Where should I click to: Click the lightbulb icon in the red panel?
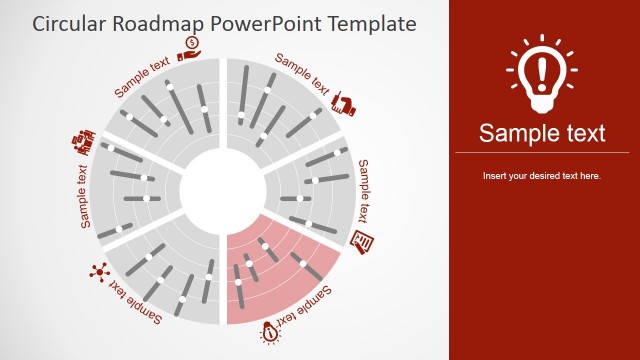[x=541, y=75]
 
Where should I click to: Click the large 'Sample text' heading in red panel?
[x=542, y=133]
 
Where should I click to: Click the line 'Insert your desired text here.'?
[x=541, y=176]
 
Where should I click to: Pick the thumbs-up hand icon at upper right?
[x=346, y=102]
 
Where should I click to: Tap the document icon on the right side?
[x=363, y=240]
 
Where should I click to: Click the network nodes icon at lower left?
[x=98, y=270]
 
